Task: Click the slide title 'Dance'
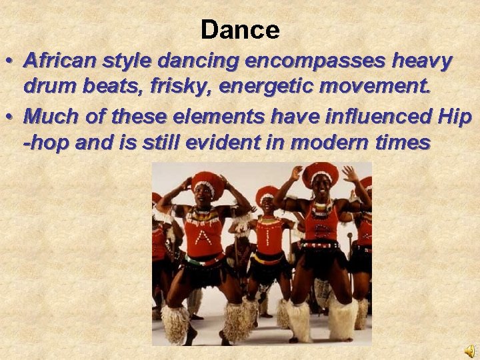point(240,29)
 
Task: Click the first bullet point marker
point(11,61)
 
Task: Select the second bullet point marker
point(11,117)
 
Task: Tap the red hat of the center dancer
point(267,193)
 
